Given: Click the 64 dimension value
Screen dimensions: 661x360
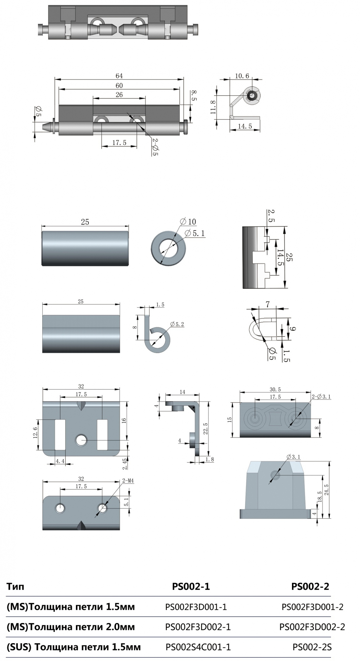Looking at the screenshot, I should coord(119,76).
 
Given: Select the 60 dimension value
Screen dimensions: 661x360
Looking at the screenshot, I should coord(119,86).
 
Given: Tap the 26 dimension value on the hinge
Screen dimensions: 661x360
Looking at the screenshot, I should coord(119,95).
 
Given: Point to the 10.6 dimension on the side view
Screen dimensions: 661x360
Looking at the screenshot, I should coord(242,76).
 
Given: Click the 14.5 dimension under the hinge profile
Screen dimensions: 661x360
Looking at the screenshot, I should coord(245,126).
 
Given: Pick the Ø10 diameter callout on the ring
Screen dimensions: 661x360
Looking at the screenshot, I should coord(188,222).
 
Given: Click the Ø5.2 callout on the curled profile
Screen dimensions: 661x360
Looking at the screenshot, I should coord(177,324).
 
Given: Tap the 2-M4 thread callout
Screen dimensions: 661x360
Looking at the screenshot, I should coord(128,481).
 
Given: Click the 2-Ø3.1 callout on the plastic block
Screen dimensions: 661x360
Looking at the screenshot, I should coord(321,397).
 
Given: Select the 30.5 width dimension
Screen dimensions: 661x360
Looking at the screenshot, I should coord(275,390).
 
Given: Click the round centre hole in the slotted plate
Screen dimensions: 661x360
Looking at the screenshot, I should coord(81,440).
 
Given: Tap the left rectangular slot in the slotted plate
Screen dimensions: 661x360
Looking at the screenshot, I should coord(60,435).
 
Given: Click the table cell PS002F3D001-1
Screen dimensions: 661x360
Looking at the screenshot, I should coord(196,607).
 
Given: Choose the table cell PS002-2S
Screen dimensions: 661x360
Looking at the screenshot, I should coord(312,647).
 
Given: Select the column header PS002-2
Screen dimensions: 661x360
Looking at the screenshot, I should coord(310,587).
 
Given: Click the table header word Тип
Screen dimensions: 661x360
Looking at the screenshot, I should coord(15,587).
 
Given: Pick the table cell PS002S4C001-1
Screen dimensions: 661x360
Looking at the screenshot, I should coord(198,647).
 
